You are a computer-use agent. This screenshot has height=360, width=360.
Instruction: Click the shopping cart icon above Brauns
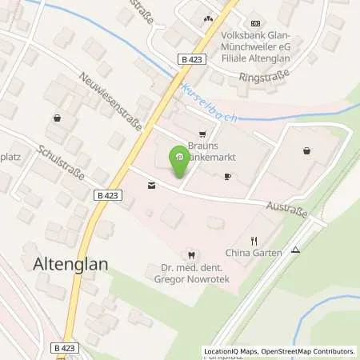pos(202,134)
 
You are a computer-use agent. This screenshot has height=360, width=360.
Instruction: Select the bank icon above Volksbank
pos(254,23)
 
